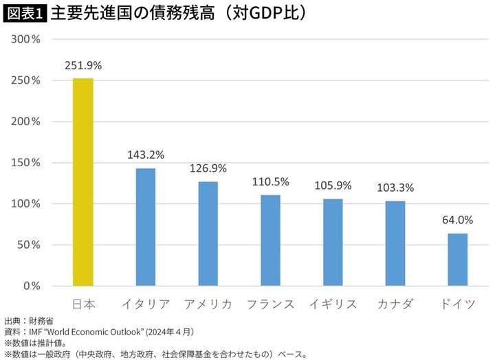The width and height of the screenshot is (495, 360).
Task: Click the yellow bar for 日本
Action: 83,182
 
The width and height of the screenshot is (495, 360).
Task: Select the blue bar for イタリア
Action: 145,227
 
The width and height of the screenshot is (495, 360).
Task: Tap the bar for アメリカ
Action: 208,234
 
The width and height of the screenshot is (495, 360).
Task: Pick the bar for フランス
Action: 270,240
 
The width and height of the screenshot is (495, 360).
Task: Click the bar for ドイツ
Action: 457,260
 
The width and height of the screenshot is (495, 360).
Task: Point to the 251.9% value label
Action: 83,66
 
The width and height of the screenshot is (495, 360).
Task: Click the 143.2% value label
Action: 145,155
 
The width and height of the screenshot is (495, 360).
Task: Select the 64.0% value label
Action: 457,221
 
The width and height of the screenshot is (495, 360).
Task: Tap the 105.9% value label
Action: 333,186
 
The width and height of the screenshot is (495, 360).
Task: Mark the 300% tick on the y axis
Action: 28,39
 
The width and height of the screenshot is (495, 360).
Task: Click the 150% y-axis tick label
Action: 28,163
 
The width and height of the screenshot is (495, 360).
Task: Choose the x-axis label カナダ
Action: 395,304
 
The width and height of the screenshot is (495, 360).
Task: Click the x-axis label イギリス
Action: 333,304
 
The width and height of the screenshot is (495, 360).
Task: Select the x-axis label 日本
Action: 83,304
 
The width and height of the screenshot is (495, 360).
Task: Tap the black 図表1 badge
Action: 25,13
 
